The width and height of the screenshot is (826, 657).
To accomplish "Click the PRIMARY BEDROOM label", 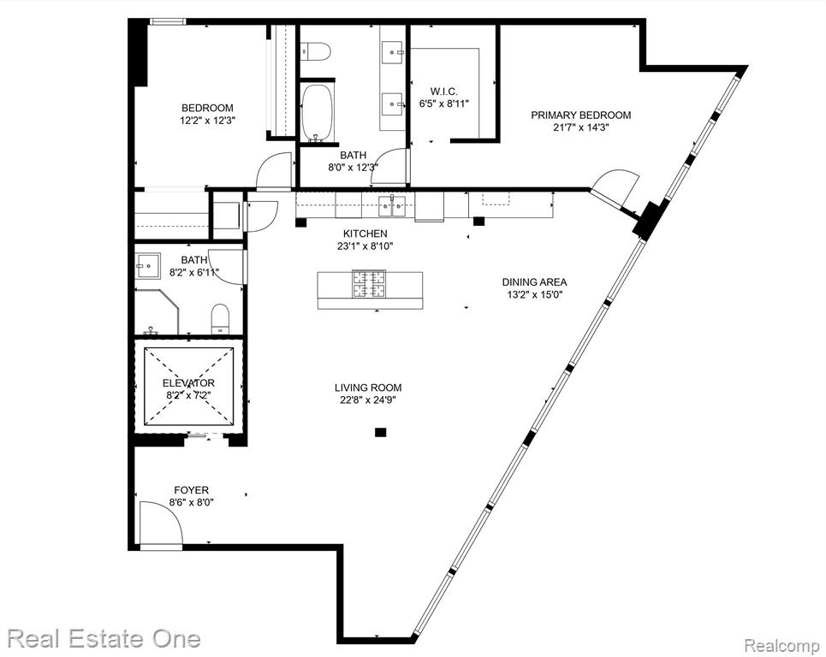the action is click(580, 115).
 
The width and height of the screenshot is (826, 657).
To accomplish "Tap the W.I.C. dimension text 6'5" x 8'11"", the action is click(444, 104).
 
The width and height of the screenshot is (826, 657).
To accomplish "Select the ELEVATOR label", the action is click(188, 382).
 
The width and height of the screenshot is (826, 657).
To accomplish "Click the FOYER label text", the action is click(191, 490).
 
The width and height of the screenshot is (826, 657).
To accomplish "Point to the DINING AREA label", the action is click(534, 282).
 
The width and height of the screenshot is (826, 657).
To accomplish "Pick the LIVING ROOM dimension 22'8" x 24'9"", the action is click(368, 400).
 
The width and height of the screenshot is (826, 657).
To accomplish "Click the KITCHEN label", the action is click(365, 234).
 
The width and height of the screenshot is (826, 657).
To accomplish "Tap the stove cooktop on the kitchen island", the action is click(369, 284).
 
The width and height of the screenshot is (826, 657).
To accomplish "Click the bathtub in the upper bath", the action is click(317, 111).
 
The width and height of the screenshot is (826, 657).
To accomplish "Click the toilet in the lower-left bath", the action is click(221, 319).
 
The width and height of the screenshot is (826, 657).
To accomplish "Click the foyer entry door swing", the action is click(161, 522).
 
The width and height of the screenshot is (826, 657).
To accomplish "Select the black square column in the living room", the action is click(380, 433).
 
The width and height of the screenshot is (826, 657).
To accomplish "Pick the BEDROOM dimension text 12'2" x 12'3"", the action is click(207, 120).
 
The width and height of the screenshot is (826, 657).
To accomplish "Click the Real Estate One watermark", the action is click(104, 638).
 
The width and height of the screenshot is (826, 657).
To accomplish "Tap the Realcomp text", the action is click(781, 644).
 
